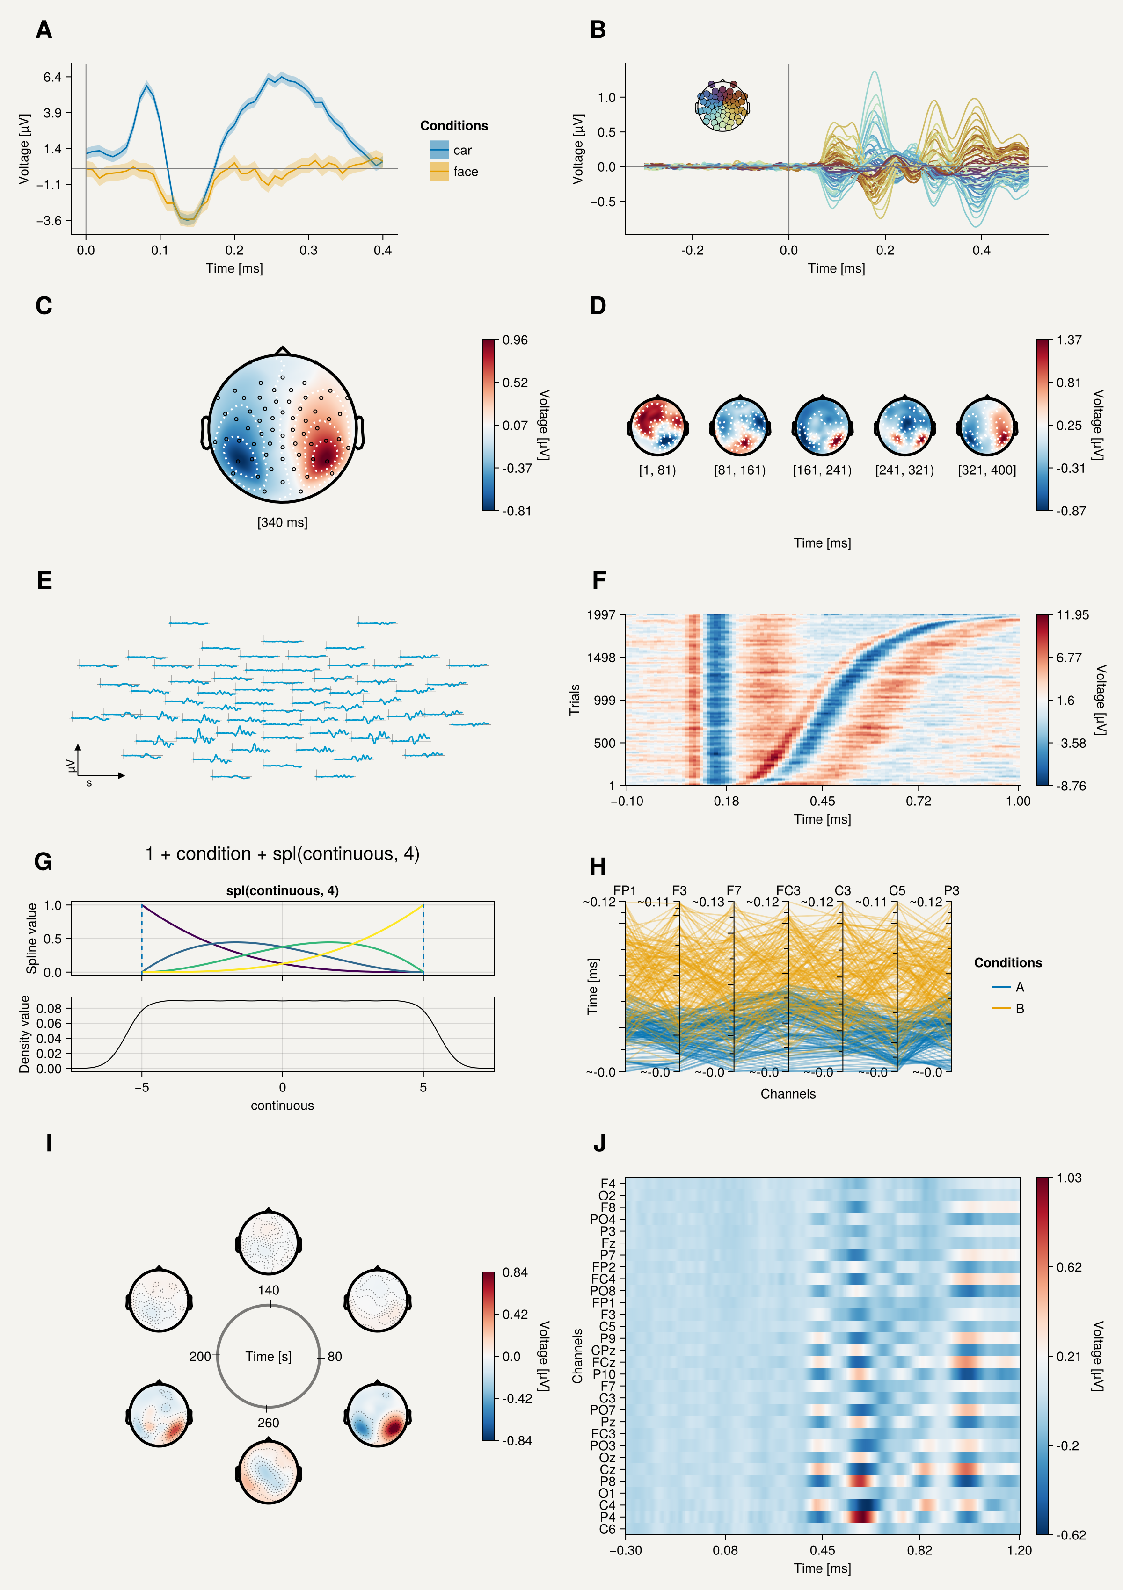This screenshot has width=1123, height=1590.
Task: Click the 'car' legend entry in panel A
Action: (x=462, y=150)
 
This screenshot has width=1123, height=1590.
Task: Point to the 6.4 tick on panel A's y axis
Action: (x=53, y=77)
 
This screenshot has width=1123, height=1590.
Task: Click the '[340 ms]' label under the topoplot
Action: (x=282, y=522)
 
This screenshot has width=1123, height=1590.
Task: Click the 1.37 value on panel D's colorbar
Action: (x=1069, y=340)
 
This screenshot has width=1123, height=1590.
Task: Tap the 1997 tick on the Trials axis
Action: (x=601, y=615)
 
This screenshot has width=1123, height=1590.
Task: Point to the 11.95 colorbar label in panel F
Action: (x=1072, y=615)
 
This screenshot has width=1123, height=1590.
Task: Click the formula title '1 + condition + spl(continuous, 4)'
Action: (x=282, y=854)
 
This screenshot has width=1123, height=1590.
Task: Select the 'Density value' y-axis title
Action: (x=25, y=1034)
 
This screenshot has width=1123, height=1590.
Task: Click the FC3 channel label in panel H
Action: (x=788, y=890)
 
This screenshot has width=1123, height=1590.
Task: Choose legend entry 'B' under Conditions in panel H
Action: (x=1019, y=1008)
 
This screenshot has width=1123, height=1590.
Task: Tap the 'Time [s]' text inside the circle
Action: (x=268, y=1357)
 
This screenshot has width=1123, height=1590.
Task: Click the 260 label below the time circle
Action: (x=268, y=1423)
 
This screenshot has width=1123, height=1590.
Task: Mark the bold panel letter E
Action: (x=44, y=580)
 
